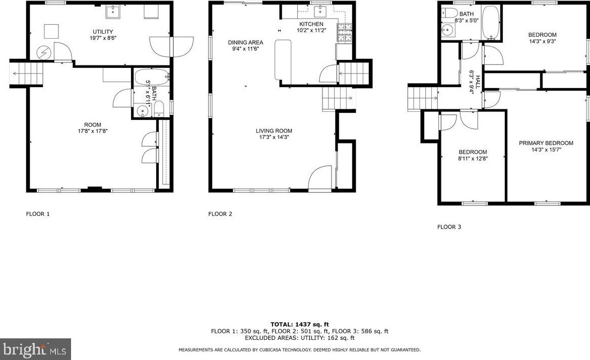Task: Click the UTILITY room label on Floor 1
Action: (102, 32)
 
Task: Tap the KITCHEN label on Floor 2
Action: (311, 24)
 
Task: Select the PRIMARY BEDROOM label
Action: (546, 143)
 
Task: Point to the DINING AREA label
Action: (245, 42)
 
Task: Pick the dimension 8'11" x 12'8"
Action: (473, 158)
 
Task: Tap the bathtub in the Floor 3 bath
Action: (490, 23)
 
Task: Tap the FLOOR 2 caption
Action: (220, 214)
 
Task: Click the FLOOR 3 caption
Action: (449, 227)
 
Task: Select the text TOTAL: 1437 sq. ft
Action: (299, 324)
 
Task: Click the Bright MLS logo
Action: (35, 349)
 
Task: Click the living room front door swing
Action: (320, 179)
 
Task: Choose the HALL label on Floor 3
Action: (472, 80)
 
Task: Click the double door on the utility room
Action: (172, 47)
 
